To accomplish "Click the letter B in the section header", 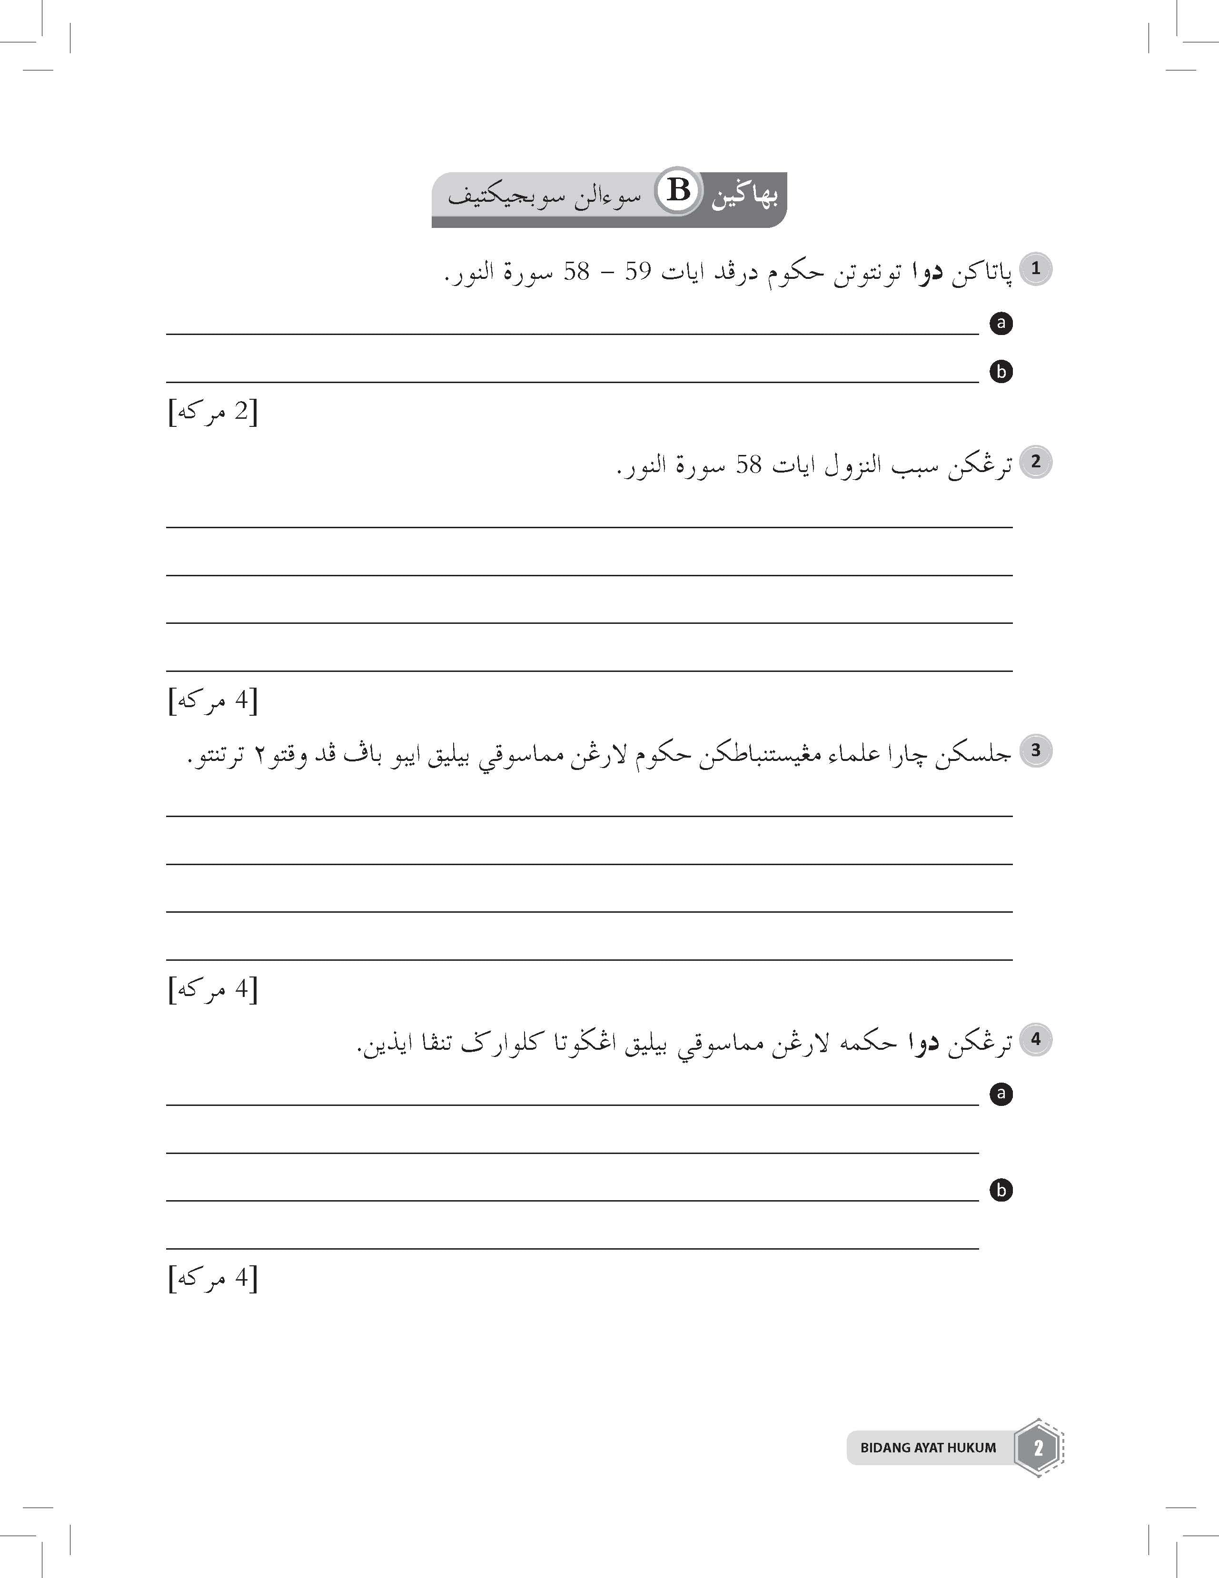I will (678, 191).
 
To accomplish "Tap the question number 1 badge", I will (1035, 269).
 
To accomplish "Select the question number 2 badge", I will (1035, 462).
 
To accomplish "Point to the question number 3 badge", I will (1035, 751).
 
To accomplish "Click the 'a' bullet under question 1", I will (1001, 323).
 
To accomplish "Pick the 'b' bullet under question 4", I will (1001, 1190).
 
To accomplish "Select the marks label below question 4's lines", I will (213, 1279).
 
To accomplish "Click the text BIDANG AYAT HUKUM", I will (928, 1448).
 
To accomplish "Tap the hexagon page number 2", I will (1038, 1448).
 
